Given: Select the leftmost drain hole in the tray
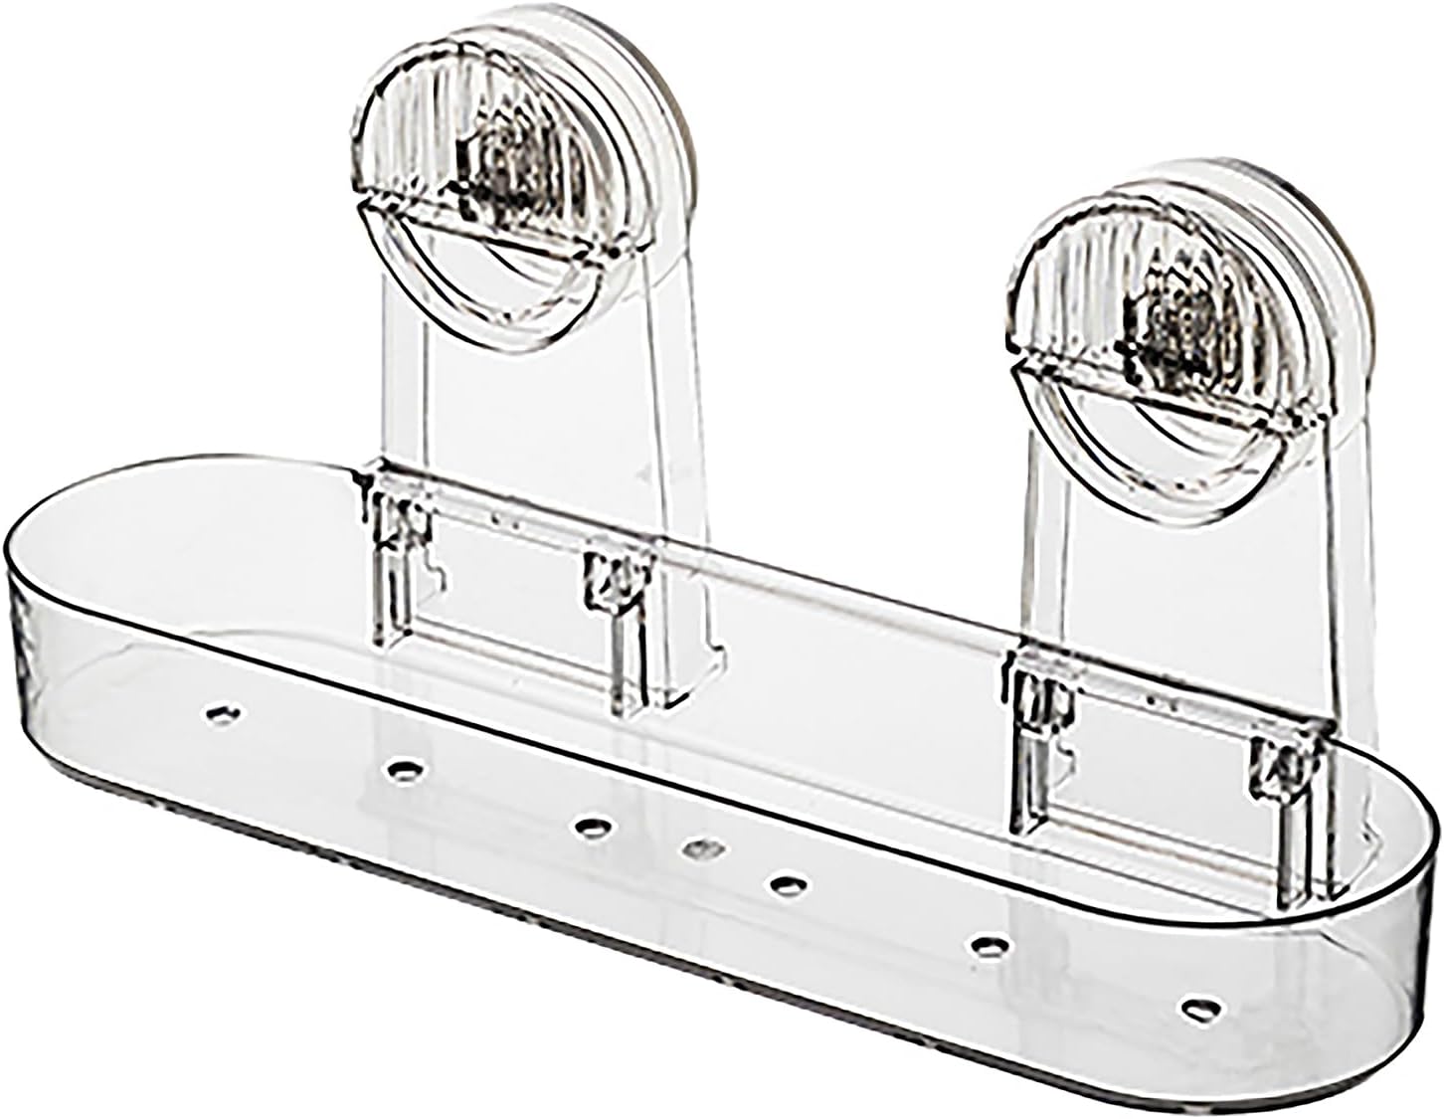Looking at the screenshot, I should pos(221,712).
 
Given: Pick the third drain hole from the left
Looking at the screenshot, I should pos(594,825).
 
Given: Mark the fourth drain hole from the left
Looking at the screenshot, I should pos(700,847).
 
